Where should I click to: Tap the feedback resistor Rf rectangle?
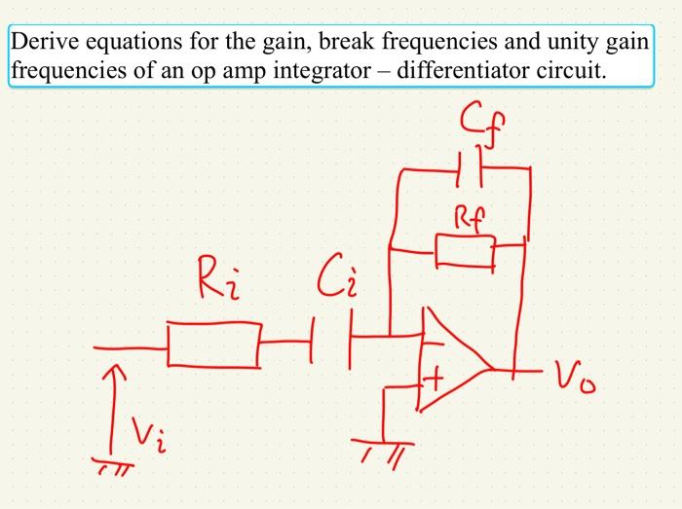click(x=465, y=252)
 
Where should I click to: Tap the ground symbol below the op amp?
click(x=382, y=448)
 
